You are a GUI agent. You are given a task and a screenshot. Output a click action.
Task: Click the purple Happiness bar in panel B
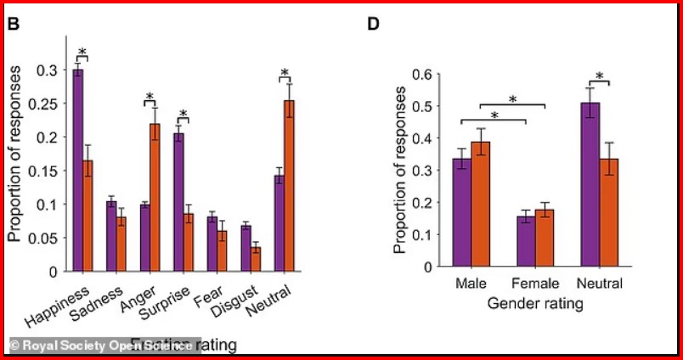coord(77,170)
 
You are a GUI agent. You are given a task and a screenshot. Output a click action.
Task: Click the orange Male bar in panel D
coord(481,204)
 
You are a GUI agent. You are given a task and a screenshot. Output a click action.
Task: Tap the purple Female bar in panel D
coord(527,241)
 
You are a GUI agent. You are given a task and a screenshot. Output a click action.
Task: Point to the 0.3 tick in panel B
coord(48,70)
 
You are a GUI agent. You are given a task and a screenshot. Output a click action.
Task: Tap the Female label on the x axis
coord(535,283)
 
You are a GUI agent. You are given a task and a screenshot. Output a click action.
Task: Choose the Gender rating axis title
coord(535,302)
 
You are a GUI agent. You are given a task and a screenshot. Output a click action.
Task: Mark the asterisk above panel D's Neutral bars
coord(600,77)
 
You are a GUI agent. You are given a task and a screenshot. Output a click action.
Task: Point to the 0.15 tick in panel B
coord(45,171)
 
